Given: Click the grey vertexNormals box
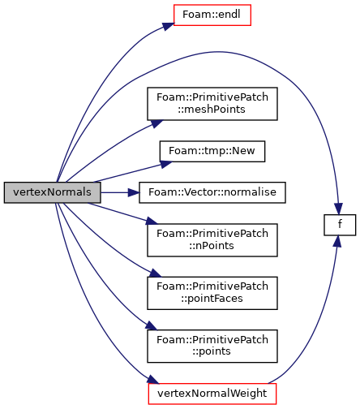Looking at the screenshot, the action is coord(52,192).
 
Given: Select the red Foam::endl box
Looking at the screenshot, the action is coord(212,15).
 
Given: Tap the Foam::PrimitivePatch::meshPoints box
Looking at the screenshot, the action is coord(212,104).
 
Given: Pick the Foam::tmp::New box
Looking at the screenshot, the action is coord(212,151).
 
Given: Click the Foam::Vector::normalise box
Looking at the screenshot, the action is coord(212,192).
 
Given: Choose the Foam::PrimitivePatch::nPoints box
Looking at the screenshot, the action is coord(212,240).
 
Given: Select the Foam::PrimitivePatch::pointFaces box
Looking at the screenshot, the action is coord(212,293).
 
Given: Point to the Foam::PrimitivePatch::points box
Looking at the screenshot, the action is coord(212,346).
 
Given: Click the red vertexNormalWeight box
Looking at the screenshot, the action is coord(212,394).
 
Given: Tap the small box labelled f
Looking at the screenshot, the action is coord(340,225).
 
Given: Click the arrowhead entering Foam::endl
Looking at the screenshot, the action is coord(168,26).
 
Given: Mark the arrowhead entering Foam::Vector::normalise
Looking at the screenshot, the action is coord(134,192).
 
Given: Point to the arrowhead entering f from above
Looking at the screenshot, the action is coord(338,209).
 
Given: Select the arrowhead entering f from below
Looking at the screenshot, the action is coord(336,241).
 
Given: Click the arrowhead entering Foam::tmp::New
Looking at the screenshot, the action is coord(165,164).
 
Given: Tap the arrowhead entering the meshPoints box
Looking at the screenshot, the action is coord(156,123).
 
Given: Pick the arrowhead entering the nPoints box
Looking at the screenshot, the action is coord(152,221).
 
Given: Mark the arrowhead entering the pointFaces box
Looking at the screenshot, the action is coord(156,273).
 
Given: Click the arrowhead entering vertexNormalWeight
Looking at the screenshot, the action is coord(153,379).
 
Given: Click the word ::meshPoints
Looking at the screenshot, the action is coord(212,110).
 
